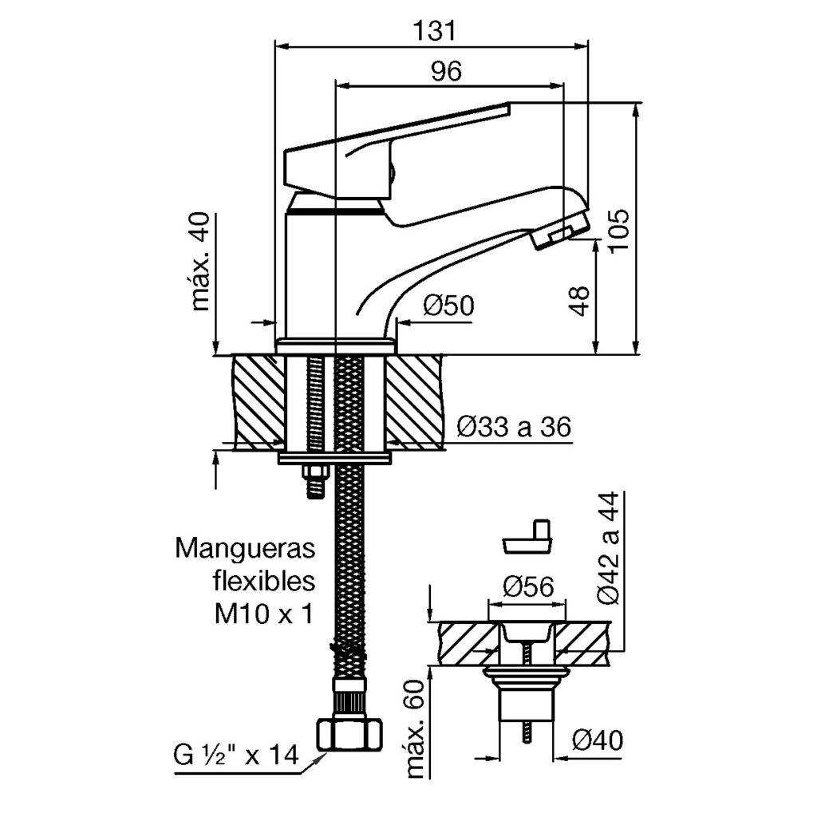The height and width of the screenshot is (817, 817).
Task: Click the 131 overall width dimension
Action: pos(435,31)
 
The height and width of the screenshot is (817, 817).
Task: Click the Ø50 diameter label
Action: pos(449,306)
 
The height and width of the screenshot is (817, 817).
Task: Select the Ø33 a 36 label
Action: pos(515,428)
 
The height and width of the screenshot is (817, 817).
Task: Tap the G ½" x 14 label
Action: pos(235,754)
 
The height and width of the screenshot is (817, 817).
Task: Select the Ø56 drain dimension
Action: pos(528,587)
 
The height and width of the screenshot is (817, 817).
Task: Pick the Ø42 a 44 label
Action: pos(606,550)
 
